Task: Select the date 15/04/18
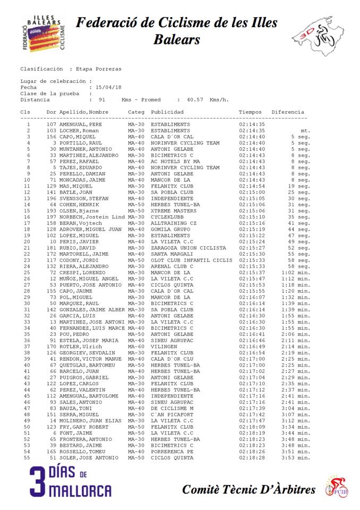(x=108, y=87)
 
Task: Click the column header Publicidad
(x=167, y=112)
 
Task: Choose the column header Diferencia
(x=288, y=112)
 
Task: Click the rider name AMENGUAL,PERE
(x=81, y=124)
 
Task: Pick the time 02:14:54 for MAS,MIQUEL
(x=252, y=186)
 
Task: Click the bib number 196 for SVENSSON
(x=51, y=198)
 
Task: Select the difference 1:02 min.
(x=296, y=273)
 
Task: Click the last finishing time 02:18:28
(x=252, y=457)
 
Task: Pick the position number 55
(x=27, y=457)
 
